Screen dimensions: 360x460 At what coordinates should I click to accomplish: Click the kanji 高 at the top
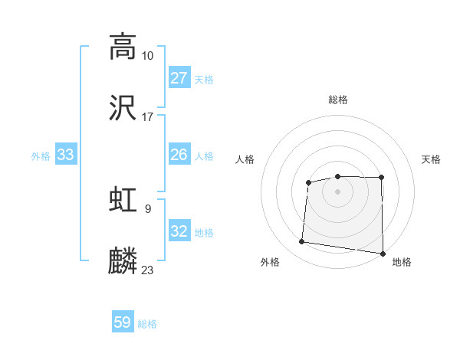tap(123, 47)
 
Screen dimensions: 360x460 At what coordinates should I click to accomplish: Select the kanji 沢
tap(123, 108)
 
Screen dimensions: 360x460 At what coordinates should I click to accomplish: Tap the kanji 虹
tap(123, 200)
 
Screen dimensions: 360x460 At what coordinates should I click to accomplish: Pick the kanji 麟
tap(123, 261)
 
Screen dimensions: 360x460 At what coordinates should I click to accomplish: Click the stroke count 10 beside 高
tap(147, 56)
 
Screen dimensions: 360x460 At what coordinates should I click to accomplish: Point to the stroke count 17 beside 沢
tap(147, 117)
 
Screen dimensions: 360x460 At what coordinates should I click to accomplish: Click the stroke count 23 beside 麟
tap(147, 270)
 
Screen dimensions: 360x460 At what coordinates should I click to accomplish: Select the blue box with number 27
tap(179, 78)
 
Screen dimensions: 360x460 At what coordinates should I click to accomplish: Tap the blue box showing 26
tap(179, 155)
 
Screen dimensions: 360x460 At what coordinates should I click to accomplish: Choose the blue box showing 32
tap(179, 231)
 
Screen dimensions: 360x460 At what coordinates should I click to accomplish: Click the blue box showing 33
tap(66, 155)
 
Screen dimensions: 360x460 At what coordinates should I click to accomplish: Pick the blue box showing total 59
tap(123, 322)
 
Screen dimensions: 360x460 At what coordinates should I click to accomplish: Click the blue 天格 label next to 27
tap(204, 79)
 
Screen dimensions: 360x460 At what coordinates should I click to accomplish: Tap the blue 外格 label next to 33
tap(41, 155)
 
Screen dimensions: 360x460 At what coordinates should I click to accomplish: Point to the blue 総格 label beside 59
tap(147, 323)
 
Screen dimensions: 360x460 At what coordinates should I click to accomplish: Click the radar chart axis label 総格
tap(338, 100)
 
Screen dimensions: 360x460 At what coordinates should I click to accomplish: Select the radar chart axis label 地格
tap(402, 263)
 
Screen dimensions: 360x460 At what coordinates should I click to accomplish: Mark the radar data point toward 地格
tap(383, 254)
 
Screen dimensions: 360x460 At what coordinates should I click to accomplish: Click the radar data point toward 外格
tap(302, 242)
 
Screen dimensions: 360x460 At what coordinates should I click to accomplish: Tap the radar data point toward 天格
tap(381, 178)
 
